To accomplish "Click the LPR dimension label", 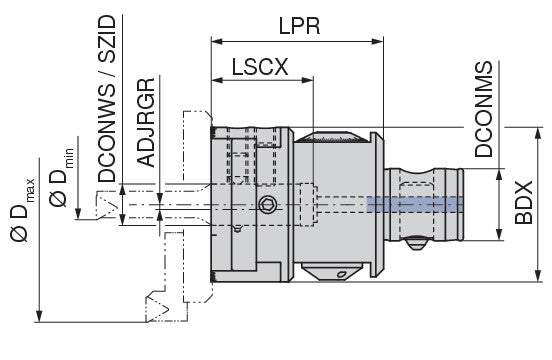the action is click(x=300, y=26).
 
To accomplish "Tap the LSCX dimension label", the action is click(x=260, y=67).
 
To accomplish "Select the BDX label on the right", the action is click(x=524, y=202).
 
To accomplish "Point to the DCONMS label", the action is click(x=484, y=109).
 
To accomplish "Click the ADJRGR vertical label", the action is click(x=146, y=122).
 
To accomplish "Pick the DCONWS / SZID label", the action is click(x=107, y=99).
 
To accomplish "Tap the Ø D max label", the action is click(x=22, y=210).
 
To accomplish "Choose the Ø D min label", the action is click(x=61, y=177).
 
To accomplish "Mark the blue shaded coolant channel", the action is click(x=415, y=205).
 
